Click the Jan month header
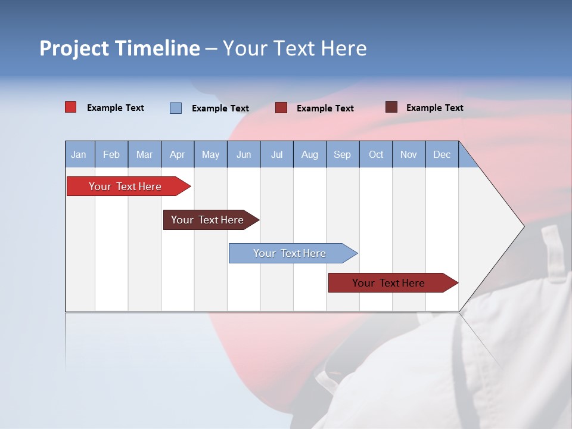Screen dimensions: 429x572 click(79, 154)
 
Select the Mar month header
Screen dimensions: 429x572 click(144, 154)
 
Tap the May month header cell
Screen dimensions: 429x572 click(210, 154)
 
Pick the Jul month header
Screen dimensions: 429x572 click(276, 154)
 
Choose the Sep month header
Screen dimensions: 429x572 click(342, 154)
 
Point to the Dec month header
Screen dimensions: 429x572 click(442, 154)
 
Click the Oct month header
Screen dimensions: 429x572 click(376, 154)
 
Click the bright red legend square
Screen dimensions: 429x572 click(70, 107)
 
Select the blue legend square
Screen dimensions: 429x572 click(176, 108)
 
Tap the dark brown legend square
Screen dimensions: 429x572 click(391, 107)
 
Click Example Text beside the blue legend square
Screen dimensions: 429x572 click(220, 108)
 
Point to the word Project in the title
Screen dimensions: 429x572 click(74, 48)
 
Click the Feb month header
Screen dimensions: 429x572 click(111, 154)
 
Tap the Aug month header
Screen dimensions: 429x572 click(309, 154)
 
